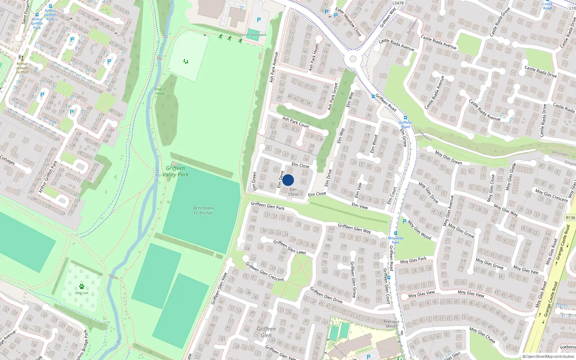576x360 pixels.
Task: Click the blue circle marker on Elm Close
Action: click(x=288, y=180)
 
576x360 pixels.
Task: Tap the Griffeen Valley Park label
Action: click(x=175, y=171)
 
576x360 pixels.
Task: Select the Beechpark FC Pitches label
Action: click(x=203, y=211)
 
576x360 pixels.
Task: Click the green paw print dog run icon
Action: click(x=82, y=287)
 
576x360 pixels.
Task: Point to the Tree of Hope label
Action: click(x=160, y=91)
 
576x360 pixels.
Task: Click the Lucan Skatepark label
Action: click(x=253, y=35)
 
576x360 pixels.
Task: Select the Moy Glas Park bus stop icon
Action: click(x=395, y=233)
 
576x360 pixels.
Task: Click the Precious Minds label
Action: click(x=391, y=324)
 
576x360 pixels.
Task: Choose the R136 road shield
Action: click(x=571, y=218)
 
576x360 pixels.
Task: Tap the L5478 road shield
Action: click(x=398, y=3)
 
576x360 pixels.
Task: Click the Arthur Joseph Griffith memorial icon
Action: click(x=22, y=58)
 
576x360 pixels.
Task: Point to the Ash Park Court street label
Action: click(x=295, y=122)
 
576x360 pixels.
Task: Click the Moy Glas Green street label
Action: click(x=448, y=158)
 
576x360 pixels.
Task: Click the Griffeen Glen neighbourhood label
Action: click(x=266, y=332)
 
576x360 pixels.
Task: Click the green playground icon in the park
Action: click(x=186, y=62)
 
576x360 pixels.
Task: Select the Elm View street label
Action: click(x=360, y=206)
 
